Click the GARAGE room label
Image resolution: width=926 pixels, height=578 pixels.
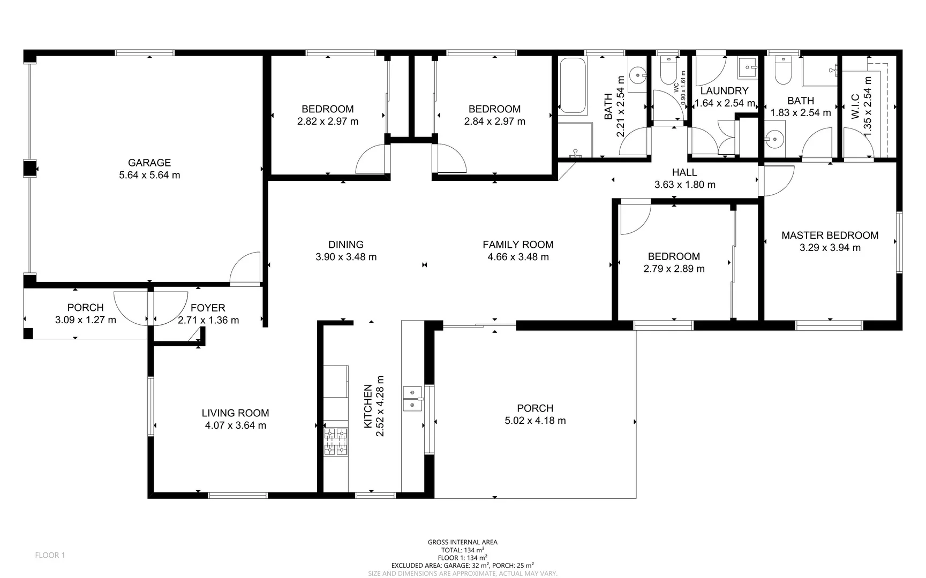[149, 163]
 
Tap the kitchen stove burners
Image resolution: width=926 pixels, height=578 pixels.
[336, 442]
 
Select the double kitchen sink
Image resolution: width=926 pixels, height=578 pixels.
[412, 399]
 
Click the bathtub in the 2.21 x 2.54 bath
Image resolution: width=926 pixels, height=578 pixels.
[573, 86]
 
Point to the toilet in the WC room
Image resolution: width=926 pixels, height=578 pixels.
[668, 72]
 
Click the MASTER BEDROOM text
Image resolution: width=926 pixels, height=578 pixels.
[830, 235]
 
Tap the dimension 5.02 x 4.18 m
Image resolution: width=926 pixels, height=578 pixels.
[535, 421]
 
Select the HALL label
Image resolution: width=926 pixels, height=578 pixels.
[684, 172]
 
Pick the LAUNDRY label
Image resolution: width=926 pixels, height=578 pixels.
[724, 91]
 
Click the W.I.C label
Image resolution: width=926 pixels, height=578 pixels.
[855, 107]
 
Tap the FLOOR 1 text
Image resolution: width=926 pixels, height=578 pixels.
[50, 555]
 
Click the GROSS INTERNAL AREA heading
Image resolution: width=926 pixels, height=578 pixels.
[462, 542]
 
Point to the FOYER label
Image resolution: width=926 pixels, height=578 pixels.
[208, 308]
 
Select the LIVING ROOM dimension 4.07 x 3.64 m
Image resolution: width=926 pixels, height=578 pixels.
[235, 425]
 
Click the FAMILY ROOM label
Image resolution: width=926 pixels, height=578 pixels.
[518, 245]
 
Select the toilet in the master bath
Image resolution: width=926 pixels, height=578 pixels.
[782, 72]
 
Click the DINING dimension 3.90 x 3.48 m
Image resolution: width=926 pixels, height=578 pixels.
[346, 257]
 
